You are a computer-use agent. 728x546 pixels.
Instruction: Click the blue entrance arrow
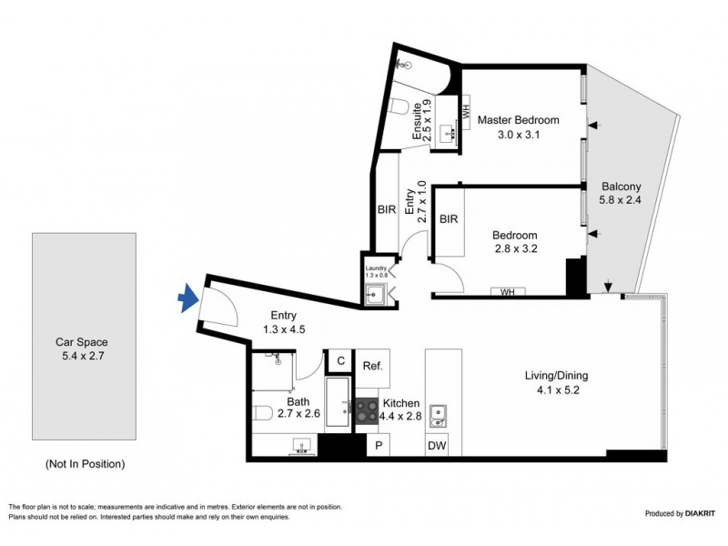188,298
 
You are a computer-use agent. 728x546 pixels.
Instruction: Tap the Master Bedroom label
518,120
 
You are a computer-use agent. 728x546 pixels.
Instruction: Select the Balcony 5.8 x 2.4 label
621,193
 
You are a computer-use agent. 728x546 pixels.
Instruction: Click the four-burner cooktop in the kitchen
367,411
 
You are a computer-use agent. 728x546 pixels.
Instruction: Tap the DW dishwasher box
437,446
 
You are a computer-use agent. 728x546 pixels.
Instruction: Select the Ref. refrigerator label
372,366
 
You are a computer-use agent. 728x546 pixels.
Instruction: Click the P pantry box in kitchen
379,446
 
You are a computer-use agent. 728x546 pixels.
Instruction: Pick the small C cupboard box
340,360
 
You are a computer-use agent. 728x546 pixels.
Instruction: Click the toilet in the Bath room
263,413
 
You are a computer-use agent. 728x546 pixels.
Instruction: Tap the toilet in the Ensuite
399,106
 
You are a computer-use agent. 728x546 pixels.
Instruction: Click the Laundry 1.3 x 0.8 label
376,271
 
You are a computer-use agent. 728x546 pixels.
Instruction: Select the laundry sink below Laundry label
374,294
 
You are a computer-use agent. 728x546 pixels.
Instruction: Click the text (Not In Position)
85,464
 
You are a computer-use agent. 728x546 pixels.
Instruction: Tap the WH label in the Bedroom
508,292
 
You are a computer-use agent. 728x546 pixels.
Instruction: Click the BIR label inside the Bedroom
449,218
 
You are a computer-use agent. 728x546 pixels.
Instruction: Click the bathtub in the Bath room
338,402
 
